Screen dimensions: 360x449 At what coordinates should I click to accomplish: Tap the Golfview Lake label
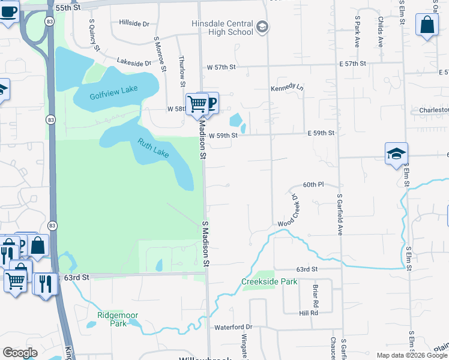point(113,92)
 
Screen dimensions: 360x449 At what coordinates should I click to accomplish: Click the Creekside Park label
point(270,281)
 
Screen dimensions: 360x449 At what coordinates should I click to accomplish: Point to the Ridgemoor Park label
point(113,319)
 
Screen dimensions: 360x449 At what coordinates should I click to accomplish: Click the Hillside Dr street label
point(134,23)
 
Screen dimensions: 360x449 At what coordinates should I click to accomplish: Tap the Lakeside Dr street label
point(134,62)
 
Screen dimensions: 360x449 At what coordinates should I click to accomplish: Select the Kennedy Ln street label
point(287,87)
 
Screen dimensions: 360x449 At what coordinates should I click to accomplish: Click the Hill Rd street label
point(309,313)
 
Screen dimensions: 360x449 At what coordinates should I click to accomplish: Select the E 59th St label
point(321,133)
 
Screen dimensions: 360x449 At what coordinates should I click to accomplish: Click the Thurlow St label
point(181,71)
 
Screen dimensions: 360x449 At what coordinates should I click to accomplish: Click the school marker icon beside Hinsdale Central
point(262,27)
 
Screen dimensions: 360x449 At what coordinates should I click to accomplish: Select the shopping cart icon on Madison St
point(197,104)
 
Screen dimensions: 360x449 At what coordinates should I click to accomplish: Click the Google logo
point(20,353)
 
